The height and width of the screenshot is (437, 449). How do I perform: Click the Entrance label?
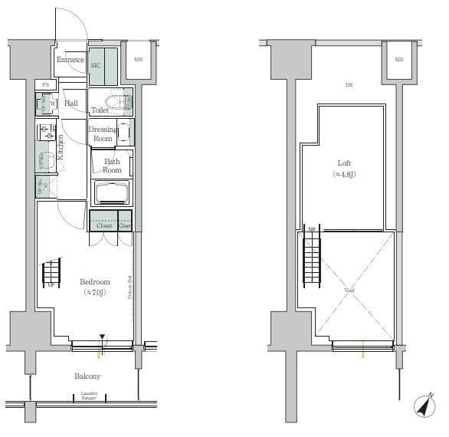pyautogui.click(x=70, y=60)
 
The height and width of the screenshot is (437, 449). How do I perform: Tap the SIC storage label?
pyautogui.click(x=97, y=66)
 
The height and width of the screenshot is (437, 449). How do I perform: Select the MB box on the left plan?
pyautogui.click(x=139, y=59)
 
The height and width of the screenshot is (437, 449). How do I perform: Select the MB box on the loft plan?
pyautogui.click(x=398, y=59)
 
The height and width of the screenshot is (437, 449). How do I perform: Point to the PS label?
pyautogui.click(x=45, y=84)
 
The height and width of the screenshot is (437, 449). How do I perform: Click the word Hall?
pyautogui.click(x=71, y=103)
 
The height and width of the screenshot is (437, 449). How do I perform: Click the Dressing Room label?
pyautogui.click(x=103, y=134)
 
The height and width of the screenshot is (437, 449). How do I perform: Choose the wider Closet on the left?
pyautogui.click(x=103, y=225)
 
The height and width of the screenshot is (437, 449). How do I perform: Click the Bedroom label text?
pyautogui.click(x=94, y=282)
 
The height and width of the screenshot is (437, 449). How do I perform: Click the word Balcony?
pyautogui.click(x=87, y=376)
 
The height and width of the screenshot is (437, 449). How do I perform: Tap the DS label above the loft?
pyautogui.click(x=349, y=86)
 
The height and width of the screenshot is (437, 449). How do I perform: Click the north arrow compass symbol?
pyautogui.click(x=423, y=407)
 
